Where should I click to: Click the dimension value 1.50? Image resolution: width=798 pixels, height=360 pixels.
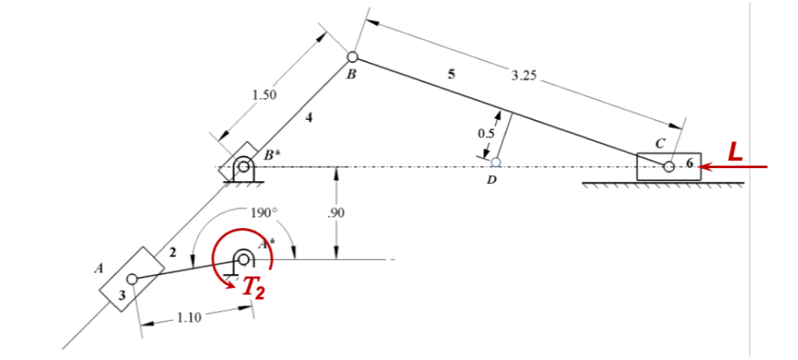pos(264,94)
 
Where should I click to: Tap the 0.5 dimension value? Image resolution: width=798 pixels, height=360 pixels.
pos(485,133)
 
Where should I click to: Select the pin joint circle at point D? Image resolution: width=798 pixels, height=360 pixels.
pos(496,162)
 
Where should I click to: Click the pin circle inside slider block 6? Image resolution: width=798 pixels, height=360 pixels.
pos(669,166)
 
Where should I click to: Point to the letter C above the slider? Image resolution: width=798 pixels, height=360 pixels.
pos(660,143)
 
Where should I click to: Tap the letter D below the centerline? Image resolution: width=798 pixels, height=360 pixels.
pos(491,181)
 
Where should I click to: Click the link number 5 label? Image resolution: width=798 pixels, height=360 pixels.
pos(451,74)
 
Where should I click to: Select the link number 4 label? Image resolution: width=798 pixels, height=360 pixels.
pos(309,117)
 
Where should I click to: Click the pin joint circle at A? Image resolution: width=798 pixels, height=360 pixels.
pos(132,279)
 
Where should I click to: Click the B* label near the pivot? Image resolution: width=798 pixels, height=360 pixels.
pos(270,154)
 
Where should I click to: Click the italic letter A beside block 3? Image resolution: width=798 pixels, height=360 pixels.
pos(98,269)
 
